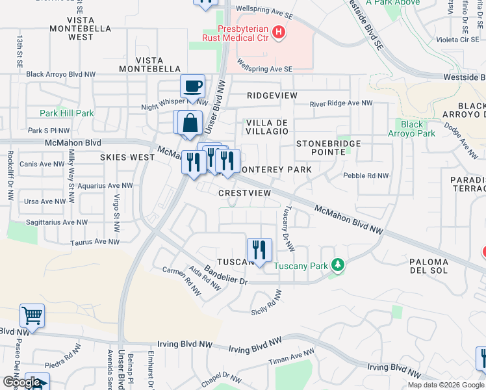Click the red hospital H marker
(x=278, y=31)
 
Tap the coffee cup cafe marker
(x=192, y=86)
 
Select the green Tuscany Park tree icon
(x=337, y=265)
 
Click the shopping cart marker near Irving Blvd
(x=32, y=316)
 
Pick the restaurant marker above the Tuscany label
(x=259, y=250)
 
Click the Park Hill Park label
(x=66, y=113)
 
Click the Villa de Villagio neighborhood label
(x=266, y=126)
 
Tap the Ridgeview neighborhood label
(x=272, y=96)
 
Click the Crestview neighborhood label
(x=244, y=194)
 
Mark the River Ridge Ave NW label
(x=340, y=103)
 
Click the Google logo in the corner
(x=21, y=382)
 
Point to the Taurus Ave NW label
(x=95, y=242)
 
